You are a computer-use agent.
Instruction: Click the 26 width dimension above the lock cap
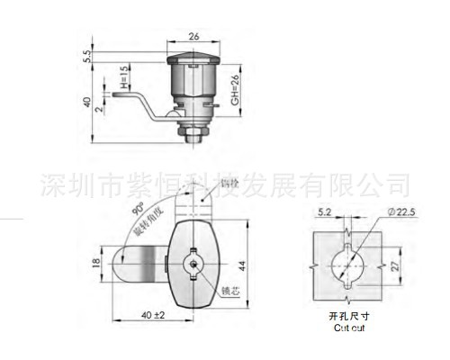point(193,38)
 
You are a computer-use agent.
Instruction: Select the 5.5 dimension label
point(87,56)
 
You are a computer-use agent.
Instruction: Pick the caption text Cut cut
point(347,330)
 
